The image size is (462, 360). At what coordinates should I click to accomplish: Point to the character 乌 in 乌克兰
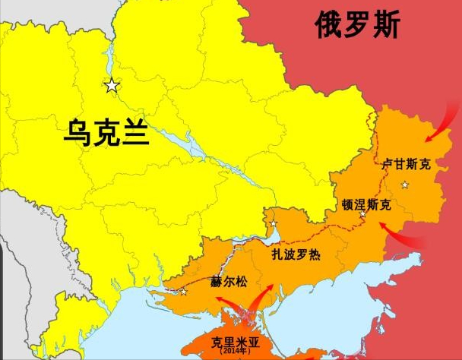coord(78,134)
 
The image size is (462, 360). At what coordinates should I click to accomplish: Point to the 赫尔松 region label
coord(229,281)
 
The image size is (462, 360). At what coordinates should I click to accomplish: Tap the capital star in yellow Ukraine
coord(112,86)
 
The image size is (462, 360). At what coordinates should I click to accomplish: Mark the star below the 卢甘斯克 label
coord(405,185)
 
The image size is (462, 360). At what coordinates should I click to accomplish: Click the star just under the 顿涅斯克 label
coord(362,215)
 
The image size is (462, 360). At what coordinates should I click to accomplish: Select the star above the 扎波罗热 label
coord(274,223)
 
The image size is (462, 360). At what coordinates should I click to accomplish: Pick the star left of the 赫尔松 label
coord(183,291)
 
